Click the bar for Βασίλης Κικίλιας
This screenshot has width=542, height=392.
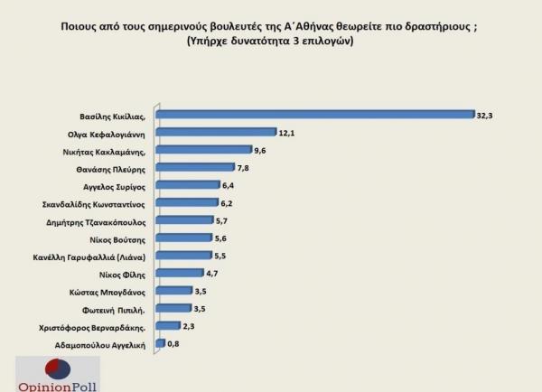[315, 114]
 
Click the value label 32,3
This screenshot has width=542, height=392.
[487, 114]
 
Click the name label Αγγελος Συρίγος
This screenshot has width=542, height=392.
[118, 185]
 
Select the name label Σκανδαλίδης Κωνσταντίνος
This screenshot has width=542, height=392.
[98, 203]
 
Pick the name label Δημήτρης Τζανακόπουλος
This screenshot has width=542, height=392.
[101, 220]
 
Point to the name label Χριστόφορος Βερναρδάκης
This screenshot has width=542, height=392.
[98, 326]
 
